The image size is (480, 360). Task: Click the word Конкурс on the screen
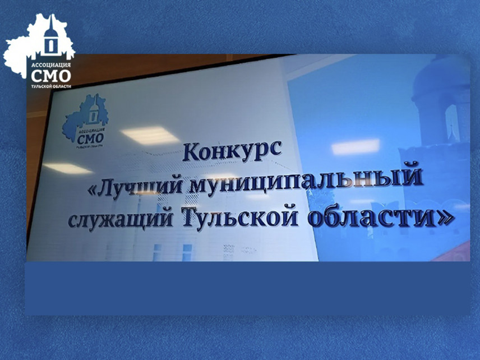[231, 151]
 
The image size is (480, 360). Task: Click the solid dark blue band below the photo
[247, 288]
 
